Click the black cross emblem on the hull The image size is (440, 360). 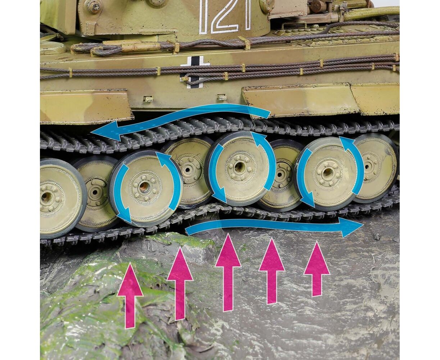[195, 72]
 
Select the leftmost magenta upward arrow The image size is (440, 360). [130, 316]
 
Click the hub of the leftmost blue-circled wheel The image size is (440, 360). [144, 186]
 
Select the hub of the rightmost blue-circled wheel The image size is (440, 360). [326, 172]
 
